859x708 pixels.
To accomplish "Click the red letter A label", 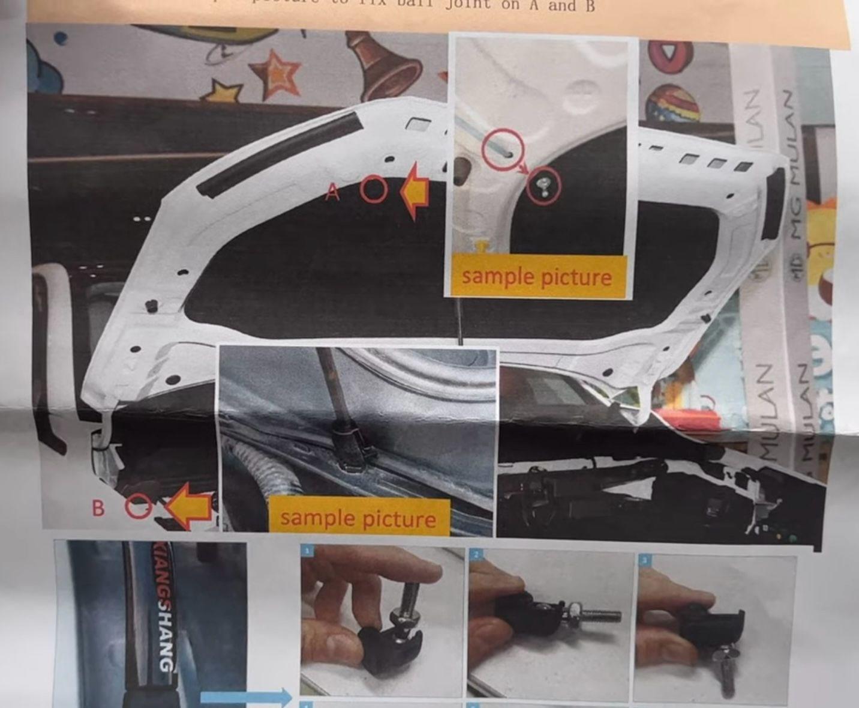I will tap(334, 192).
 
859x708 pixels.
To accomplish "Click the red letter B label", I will tap(98, 508).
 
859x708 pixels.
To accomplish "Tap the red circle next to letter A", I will tap(375, 190).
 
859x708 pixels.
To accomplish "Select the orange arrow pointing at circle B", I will tap(190, 508).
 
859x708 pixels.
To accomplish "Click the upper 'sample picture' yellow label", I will tap(536, 277).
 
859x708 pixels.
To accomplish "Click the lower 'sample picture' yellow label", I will tap(358, 518).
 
